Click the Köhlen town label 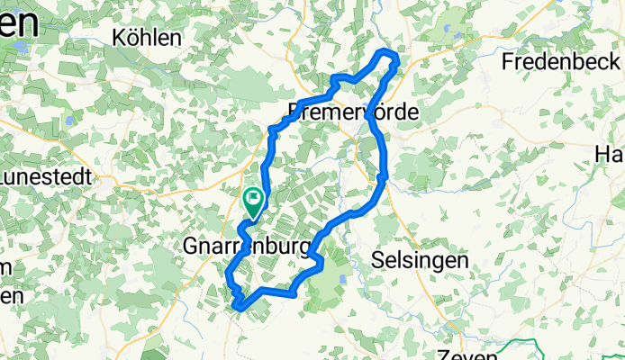[x=148, y=37]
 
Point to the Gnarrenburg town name [x=248, y=246]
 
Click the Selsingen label [x=420, y=260]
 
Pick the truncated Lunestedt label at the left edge [x=45, y=176]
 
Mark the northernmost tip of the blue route [x=387, y=53]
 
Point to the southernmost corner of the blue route [x=238, y=308]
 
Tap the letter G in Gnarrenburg [x=190, y=246]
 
